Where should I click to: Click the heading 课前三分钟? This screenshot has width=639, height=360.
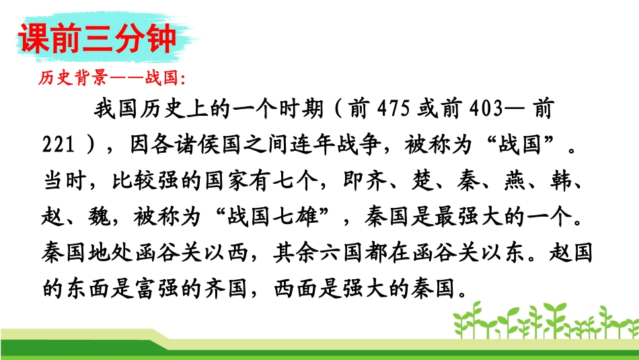[x=98, y=39]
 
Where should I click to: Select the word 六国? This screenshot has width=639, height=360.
[x=365, y=255]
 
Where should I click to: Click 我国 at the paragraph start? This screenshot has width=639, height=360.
[x=109, y=110]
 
